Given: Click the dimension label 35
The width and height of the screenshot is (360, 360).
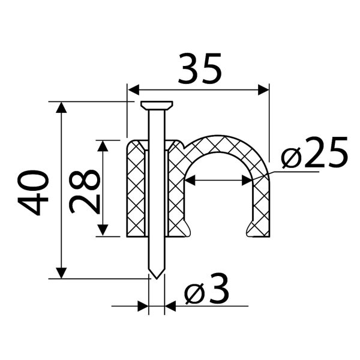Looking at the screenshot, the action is point(200,68).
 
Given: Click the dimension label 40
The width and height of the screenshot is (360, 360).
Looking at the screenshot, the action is point(33,192).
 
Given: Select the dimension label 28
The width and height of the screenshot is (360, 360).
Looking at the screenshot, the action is point(85,191).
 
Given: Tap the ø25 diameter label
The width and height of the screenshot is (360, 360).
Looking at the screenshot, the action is point(314,152).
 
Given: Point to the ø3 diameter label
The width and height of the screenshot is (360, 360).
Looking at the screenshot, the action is point(207,288).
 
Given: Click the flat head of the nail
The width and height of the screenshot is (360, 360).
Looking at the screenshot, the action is point(157,105).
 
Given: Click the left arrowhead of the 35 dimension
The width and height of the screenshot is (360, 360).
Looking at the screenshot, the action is point(133,89).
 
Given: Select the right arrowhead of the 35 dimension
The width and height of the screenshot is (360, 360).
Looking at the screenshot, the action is point(263,89).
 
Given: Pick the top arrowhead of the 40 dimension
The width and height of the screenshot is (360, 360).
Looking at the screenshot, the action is point(61,107).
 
